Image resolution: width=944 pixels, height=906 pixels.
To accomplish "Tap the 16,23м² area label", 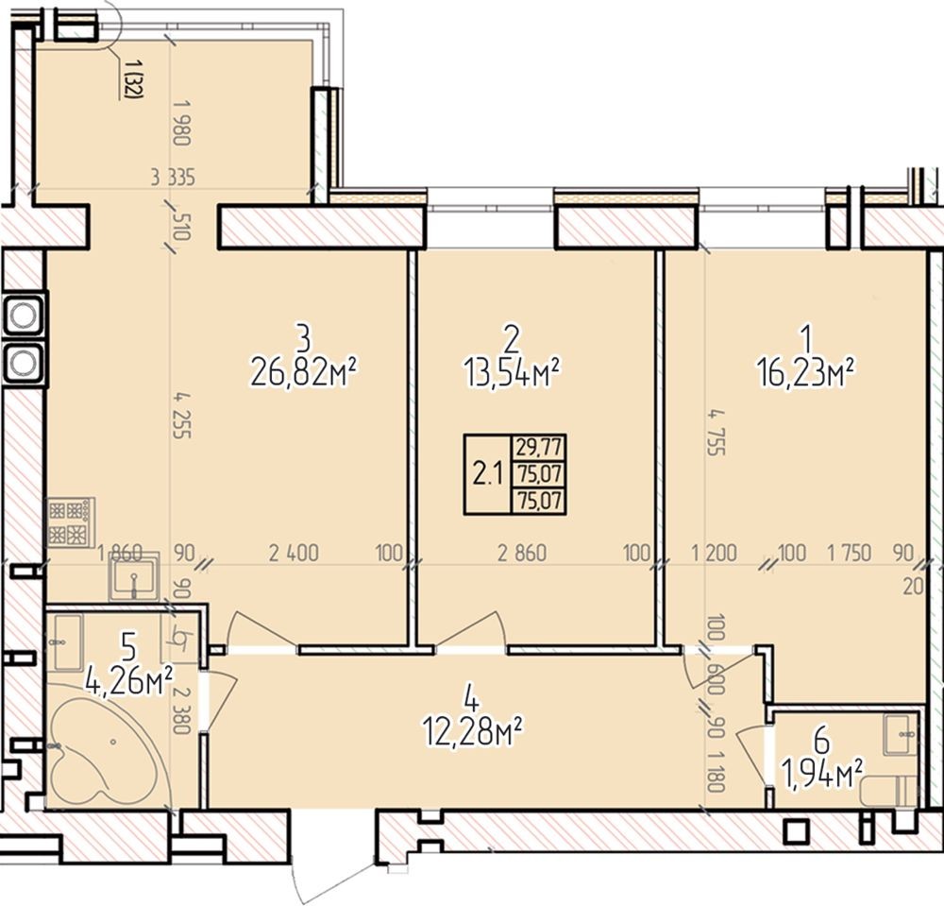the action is pyautogui.click(x=807, y=373).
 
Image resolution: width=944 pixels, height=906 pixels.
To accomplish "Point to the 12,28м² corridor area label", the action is pyautogui.click(x=472, y=732).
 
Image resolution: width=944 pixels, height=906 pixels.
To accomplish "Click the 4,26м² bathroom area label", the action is pyautogui.click(x=129, y=681).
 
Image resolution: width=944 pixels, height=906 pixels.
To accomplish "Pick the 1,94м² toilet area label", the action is pyautogui.click(x=822, y=774).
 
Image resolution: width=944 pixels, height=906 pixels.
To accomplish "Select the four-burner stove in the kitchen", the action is pyautogui.click(x=71, y=522).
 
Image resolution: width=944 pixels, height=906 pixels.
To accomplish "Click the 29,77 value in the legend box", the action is pyautogui.click(x=539, y=447).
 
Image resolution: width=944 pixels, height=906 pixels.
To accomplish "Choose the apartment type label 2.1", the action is pyautogui.click(x=487, y=474).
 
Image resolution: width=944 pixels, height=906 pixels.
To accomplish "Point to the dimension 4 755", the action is pyautogui.click(x=716, y=433).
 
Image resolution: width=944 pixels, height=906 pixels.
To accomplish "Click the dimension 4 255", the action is pyautogui.click(x=181, y=415).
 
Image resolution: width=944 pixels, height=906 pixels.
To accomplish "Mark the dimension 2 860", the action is pyautogui.click(x=522, y=553).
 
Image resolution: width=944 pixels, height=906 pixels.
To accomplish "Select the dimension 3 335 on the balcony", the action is pyautogui.click(x=174, y=178).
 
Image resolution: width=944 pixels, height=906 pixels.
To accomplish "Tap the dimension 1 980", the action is pyautogui.click(x=181, y=122).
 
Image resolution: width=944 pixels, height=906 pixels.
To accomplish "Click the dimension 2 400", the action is pyautogui.click(x=294, y=553).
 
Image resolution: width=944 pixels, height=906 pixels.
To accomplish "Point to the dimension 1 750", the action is pyautogui.click(x=850, y=553).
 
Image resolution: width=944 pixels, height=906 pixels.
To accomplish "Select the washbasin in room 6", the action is pyautogui.click(x=901, y=734).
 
